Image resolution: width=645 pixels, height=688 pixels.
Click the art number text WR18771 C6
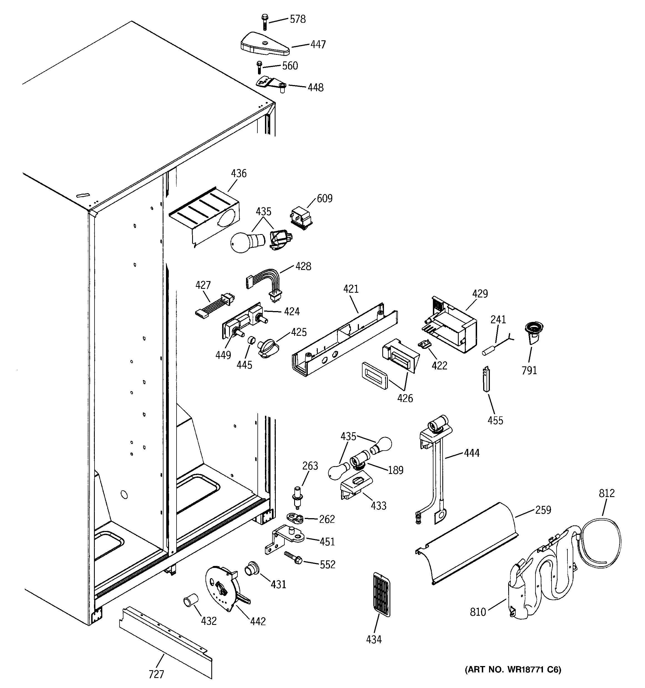pyautogui.click(x=512, y=669)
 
